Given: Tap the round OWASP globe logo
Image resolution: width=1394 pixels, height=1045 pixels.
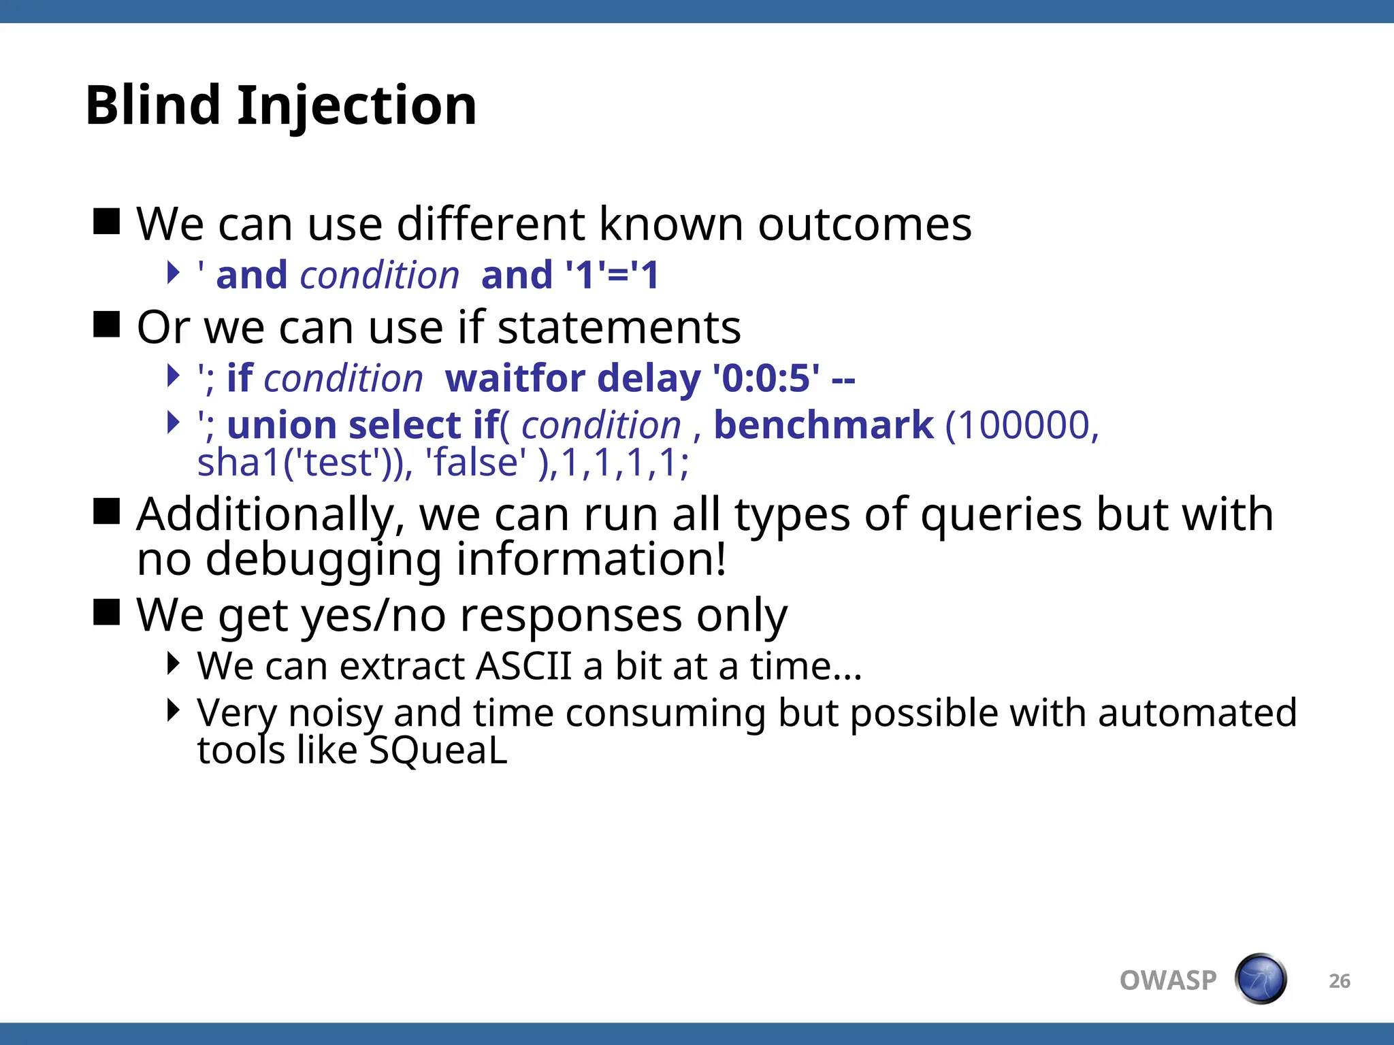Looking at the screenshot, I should coord(1260,979).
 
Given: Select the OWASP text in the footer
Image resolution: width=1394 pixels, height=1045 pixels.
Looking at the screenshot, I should coord(1167,980).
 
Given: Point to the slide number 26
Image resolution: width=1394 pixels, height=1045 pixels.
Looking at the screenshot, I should coord(1339,981).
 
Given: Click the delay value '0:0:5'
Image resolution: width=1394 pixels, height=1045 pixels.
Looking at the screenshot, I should coord(766,378).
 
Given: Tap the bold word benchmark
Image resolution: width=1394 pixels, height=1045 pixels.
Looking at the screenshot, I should coord(823,425).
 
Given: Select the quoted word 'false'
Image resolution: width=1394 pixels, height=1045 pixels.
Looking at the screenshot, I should coord(475,463).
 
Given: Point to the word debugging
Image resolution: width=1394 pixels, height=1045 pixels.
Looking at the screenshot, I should coord(323,559).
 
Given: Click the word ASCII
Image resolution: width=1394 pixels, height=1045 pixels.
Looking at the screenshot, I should coord(523,666).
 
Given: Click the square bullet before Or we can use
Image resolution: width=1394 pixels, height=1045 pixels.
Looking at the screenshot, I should coord(106,325).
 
